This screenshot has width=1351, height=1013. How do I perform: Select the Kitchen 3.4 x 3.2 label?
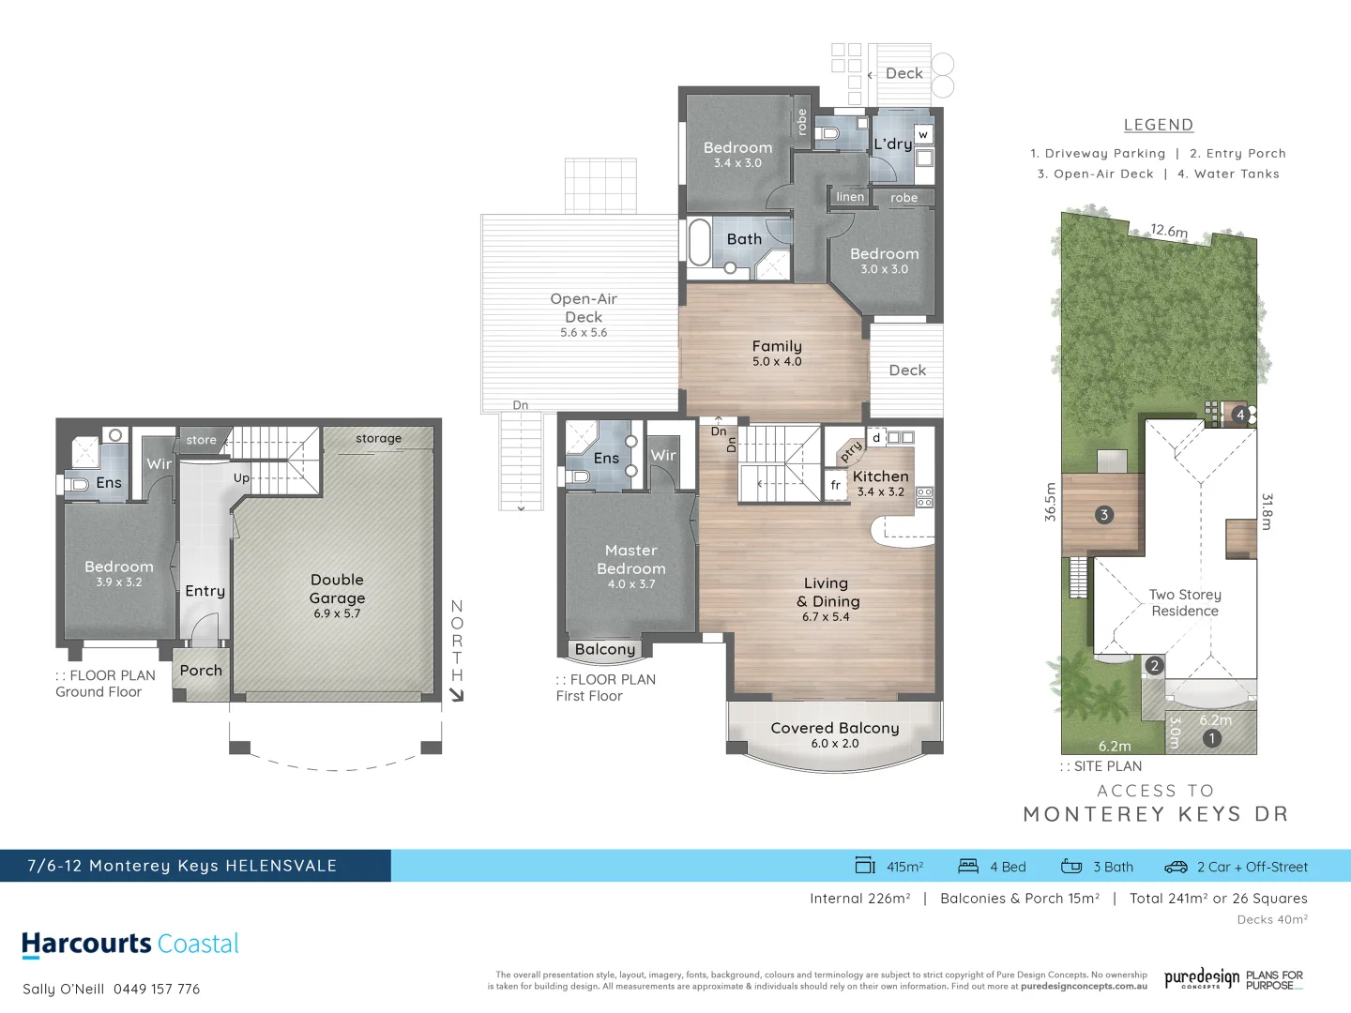pos(880,482)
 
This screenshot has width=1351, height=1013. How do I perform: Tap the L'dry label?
pos(892,144)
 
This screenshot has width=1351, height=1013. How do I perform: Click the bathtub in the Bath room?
pos(699,242)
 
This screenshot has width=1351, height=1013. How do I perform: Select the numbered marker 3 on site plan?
pos(1104,515)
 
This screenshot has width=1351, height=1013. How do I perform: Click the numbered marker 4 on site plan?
pos(1240,414)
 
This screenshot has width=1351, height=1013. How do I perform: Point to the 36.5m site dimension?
pos(1050,502)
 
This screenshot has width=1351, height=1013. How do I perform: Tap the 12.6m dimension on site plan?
pos(1169,230)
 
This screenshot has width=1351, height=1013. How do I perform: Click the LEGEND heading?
pos(1159,125)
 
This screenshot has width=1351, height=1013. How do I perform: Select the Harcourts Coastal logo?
pos(130,944)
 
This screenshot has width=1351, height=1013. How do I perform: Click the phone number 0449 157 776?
pos(157,989)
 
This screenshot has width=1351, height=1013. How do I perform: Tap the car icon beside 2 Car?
pos(1176,867)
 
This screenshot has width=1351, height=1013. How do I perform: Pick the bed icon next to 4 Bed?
pos(968,867)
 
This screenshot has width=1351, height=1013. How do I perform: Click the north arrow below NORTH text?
pos(457,695)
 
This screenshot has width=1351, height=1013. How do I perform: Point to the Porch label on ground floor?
pos(201,671)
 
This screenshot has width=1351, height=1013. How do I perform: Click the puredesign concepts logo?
pos(1201,979)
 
